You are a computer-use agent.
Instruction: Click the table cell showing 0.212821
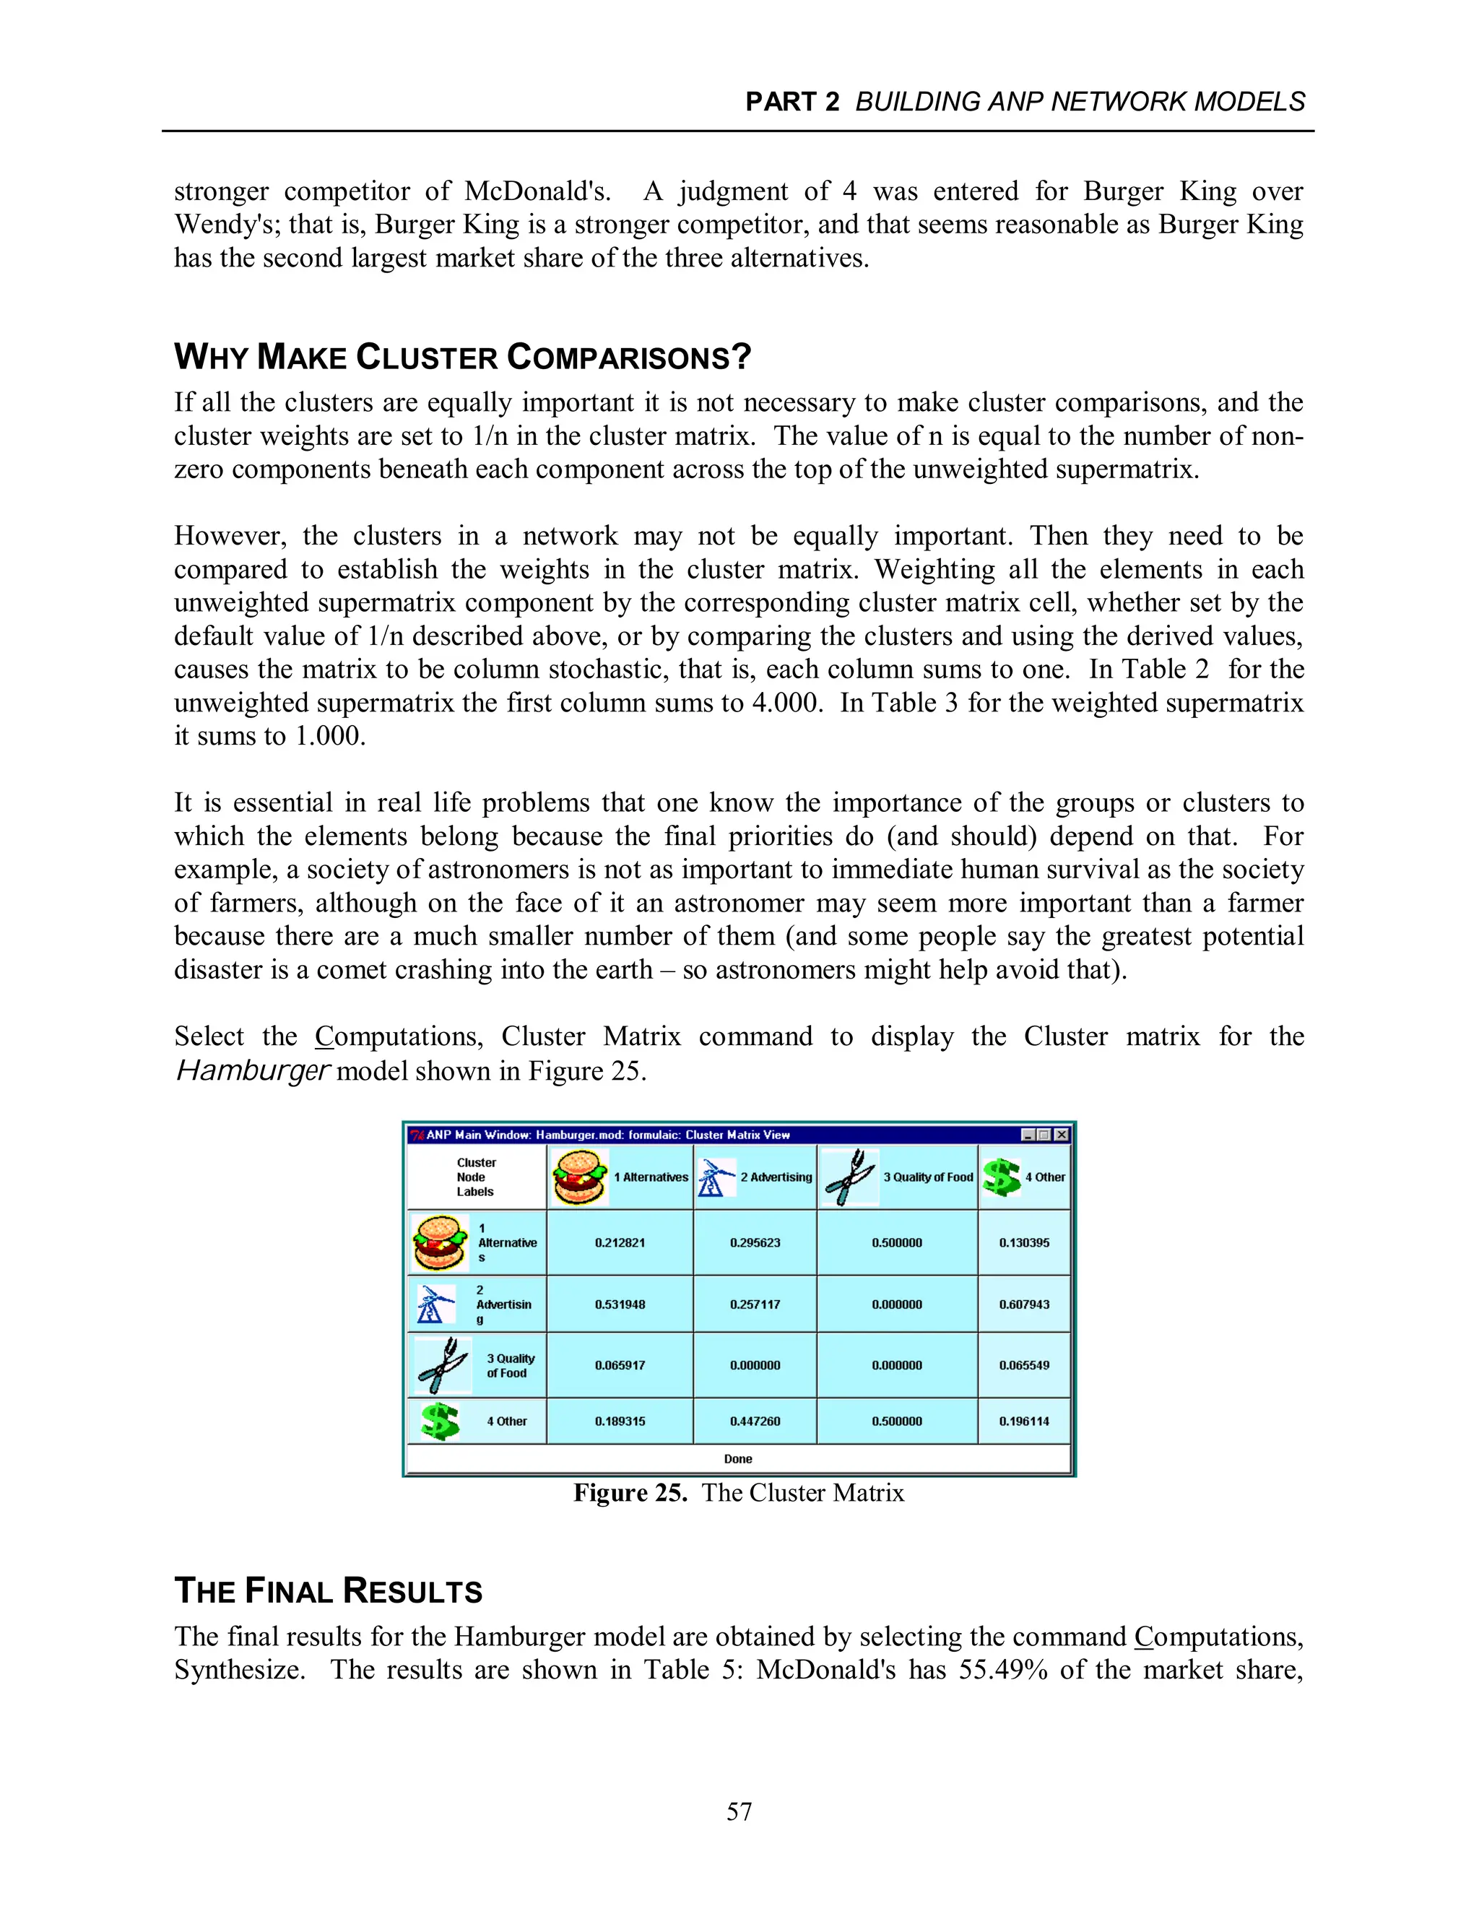[x=620, y=1243]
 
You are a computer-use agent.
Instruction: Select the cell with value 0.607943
[x=1023, y=1304]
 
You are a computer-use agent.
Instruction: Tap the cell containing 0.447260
[x=755, y=1421]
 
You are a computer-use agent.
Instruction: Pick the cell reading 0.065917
[x=620, y=1365]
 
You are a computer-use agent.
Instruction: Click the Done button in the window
[x=738, y=1459]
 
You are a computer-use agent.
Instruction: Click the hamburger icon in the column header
[x=579, y=1177]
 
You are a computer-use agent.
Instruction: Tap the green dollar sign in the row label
[x=440, y=1421]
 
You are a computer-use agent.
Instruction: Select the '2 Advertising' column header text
[x=776, y=1177]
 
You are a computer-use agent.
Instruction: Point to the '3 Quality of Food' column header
[x=927, y=1177]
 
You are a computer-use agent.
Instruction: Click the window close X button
[x=1062, y=1135]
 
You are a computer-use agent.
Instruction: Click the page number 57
[x=739, y=1811]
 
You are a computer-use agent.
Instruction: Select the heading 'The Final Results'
[x=328, y=1590]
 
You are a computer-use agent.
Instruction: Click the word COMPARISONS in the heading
[x=628, y=358]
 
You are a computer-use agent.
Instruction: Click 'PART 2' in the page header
[x=791, y=103]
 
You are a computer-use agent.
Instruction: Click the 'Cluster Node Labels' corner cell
[x=476, y=1177]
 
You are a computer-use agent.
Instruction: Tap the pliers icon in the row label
[x=443, y=1365]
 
